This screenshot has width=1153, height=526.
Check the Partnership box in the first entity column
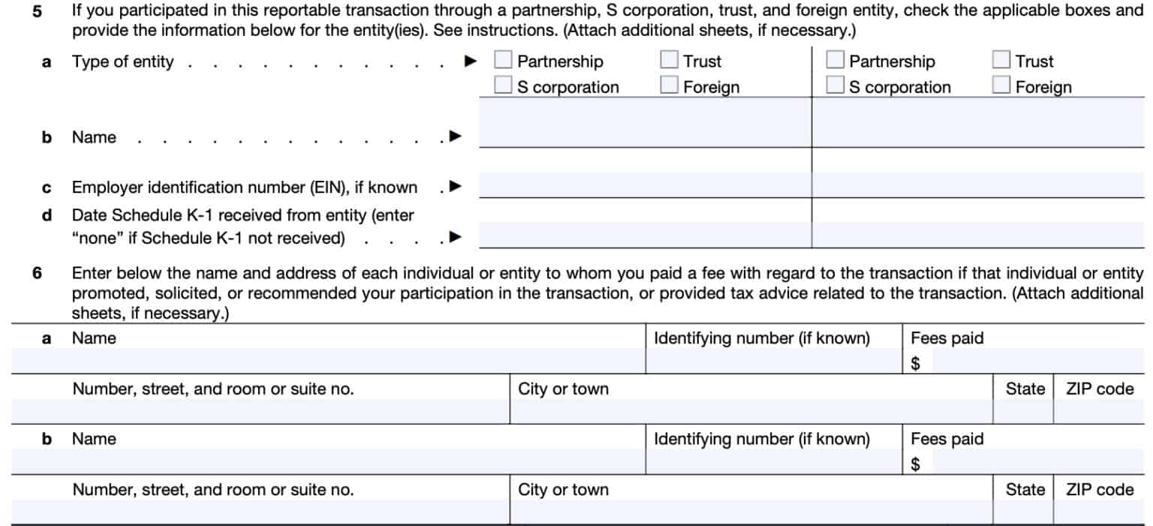[x=503, y=61]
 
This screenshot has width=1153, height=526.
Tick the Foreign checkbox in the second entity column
[x=1001, y=86]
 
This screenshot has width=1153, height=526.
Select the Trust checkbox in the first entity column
[x=669, y=61]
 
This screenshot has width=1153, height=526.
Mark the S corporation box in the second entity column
[x=835, y=86]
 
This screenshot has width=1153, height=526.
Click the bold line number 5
[x=38, y=12]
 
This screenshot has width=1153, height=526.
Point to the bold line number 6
[x=38, y=273]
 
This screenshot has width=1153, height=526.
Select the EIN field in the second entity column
[x=977, y=185]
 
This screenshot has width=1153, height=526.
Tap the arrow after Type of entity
[x=471, y=62]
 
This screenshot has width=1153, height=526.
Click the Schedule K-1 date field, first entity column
[x=644, y=235]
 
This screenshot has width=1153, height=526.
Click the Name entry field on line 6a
[x=328, y=362]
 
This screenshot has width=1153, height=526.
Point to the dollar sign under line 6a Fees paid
[x=915, y=364]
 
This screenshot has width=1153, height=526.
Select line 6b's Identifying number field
[x=773, y=462]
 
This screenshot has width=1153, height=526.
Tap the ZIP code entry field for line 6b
[x=1099, y=512]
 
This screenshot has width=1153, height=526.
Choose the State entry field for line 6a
[x=1023, y=411]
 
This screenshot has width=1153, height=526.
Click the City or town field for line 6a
[x=751, y=411]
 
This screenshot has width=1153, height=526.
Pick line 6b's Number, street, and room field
[x=260, y=512]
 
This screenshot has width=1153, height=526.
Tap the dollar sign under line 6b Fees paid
[x=915, y=464]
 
